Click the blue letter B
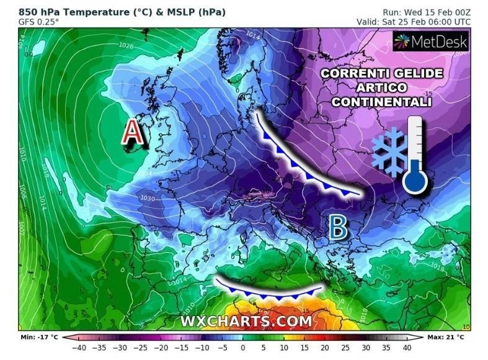[x=337, y=228]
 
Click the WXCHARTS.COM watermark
[x=246, y=321]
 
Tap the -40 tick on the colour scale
[x=79, y=348]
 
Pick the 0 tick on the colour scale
[x=243, y=348]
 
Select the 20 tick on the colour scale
[x=325, y=348]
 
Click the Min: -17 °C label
[x=38, y=337]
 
